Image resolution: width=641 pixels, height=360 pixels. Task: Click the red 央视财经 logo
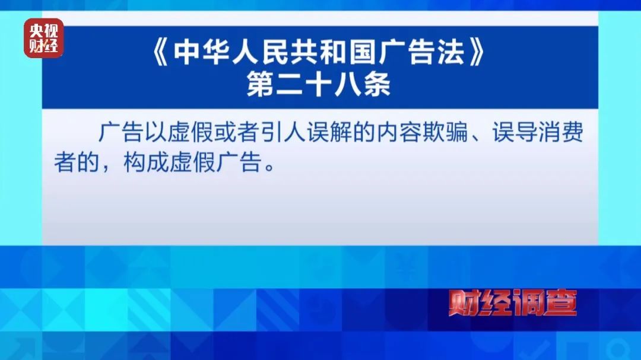43,39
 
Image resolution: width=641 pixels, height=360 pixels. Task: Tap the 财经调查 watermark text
512,304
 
